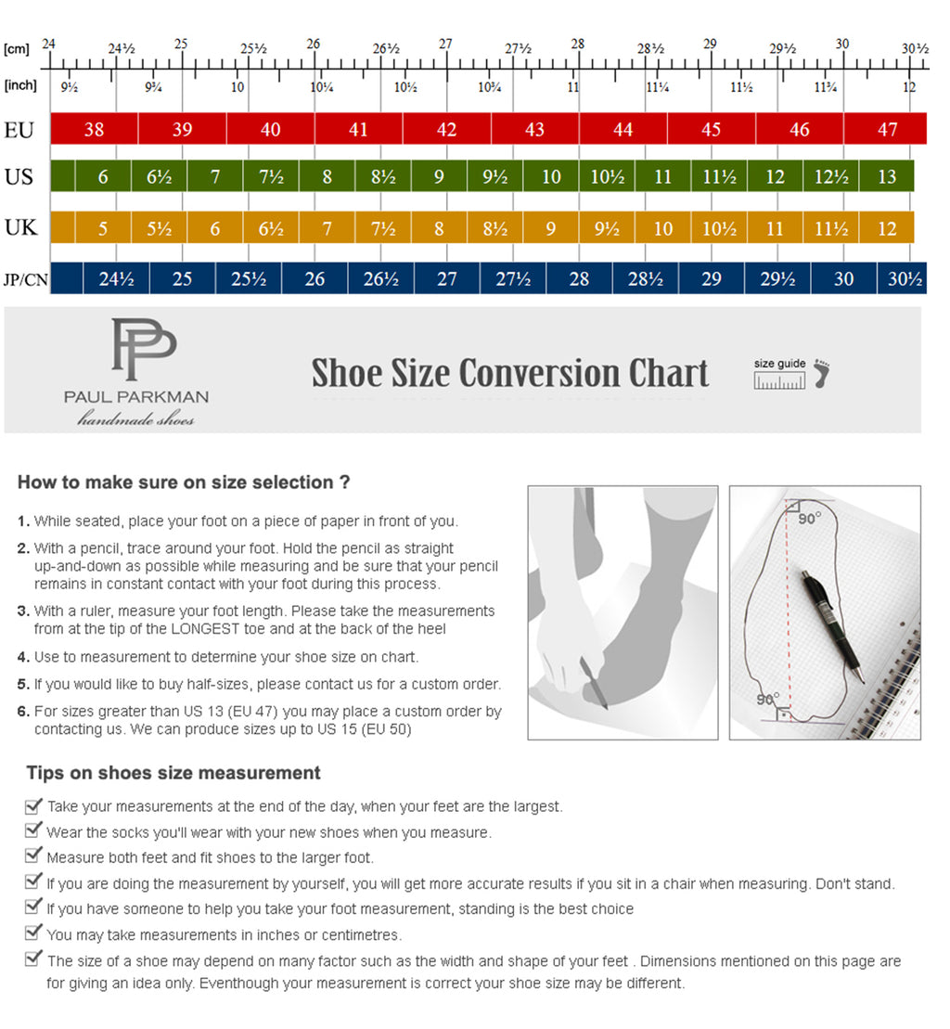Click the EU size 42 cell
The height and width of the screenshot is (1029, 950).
446,130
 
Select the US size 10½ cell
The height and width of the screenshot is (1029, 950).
607,176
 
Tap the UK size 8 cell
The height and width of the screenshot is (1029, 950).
439,228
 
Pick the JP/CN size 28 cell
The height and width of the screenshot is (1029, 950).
579,278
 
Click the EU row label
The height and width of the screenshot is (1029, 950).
19,130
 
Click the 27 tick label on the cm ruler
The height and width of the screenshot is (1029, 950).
446,44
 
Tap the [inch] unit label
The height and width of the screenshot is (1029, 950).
20,85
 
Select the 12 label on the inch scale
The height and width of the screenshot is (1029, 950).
910,86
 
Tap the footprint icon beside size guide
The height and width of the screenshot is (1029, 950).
820,373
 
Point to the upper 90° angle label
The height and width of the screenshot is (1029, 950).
809,518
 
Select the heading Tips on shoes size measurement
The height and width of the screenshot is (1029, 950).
173,773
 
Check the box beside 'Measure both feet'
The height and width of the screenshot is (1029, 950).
34,855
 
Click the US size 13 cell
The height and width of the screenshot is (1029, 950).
887,176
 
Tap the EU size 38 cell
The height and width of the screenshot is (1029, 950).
94,130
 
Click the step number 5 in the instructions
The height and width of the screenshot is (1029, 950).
23,684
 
